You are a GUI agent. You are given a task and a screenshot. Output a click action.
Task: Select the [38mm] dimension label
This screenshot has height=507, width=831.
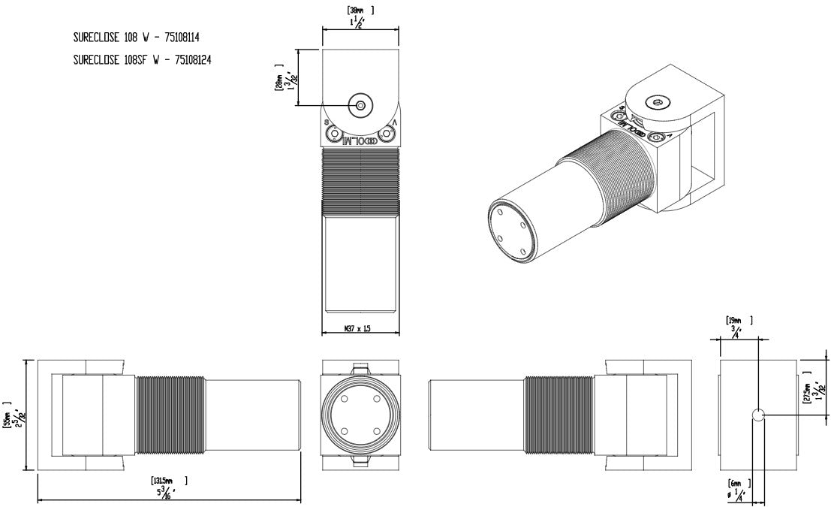click(360, 11)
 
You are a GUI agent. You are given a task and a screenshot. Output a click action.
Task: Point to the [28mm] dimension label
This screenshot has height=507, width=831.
click(279, 80)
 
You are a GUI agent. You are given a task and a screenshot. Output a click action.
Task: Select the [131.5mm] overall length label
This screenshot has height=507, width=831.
click(161, 480)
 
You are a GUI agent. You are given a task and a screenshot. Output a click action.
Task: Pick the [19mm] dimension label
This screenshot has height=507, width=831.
click(739, 320)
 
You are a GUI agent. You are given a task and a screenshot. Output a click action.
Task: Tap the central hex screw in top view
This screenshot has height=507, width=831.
click(361, 106)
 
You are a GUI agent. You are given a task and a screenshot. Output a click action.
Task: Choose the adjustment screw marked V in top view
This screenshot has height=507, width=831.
click(387, 134)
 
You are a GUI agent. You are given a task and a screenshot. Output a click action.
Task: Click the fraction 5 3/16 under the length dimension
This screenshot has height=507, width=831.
click(161, 493)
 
